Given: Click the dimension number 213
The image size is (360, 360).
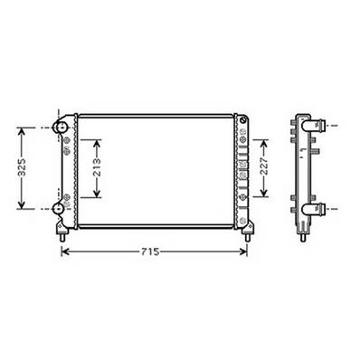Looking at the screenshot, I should coord(97,169).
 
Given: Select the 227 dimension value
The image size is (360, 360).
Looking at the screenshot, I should coord(263,168).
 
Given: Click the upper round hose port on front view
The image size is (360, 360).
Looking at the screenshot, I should coord(61,129).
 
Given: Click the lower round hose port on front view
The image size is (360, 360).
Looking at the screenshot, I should coord(61,209).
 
